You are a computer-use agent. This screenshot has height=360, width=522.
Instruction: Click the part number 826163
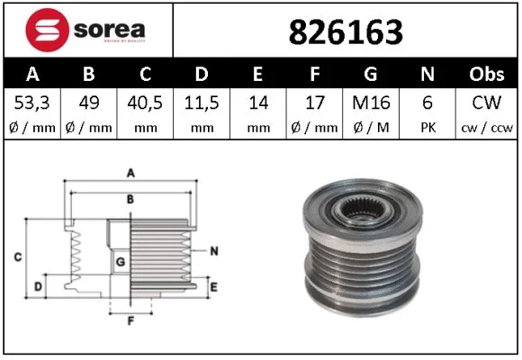click(x=345, y=31)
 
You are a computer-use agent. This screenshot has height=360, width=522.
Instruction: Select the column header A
click(x=32, y=73)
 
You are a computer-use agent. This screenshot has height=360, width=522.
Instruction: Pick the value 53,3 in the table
click(x=32, y=103)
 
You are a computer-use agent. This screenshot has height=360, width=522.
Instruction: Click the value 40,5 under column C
click(x=146, y=103)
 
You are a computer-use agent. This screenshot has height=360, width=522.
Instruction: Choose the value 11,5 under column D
click(x=202, y=103)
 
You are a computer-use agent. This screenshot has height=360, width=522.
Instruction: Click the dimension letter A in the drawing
click(x=130, y=172)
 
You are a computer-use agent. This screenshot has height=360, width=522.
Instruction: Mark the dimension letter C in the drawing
click(x=17, y=258)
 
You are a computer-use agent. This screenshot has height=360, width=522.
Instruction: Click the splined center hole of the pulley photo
click(x=364, y=213)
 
